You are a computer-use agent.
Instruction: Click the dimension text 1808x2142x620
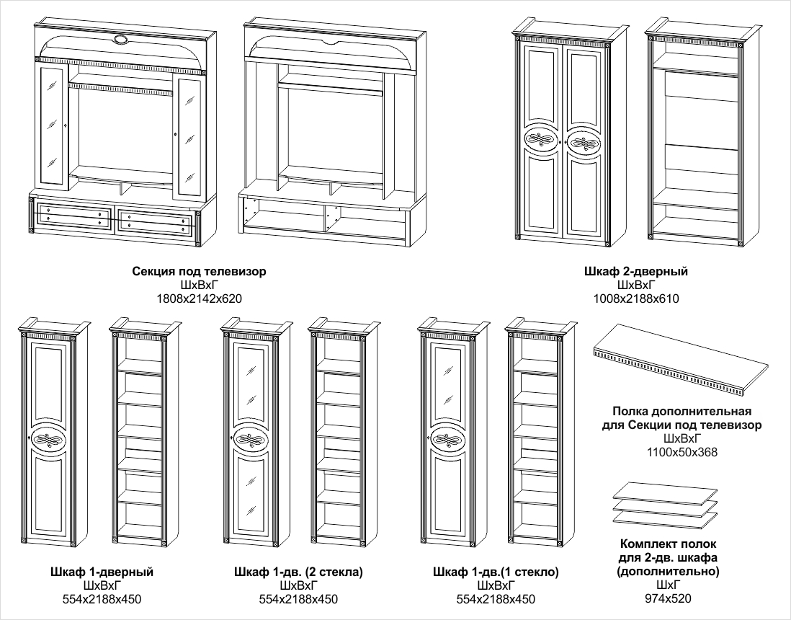click(200, 298)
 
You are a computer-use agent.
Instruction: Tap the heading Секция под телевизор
click(200, 272)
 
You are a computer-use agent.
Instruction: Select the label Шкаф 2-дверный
click(636, 272)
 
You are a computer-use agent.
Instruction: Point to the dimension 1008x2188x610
click(636, 298)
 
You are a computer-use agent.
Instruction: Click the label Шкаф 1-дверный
click(102, 572)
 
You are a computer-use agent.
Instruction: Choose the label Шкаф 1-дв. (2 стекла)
click(298, 572)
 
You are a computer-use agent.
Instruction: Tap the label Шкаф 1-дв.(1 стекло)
click(496, 572)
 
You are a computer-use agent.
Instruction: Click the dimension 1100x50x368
click(681, 452)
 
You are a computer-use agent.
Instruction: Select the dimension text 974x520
click(668, 598)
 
